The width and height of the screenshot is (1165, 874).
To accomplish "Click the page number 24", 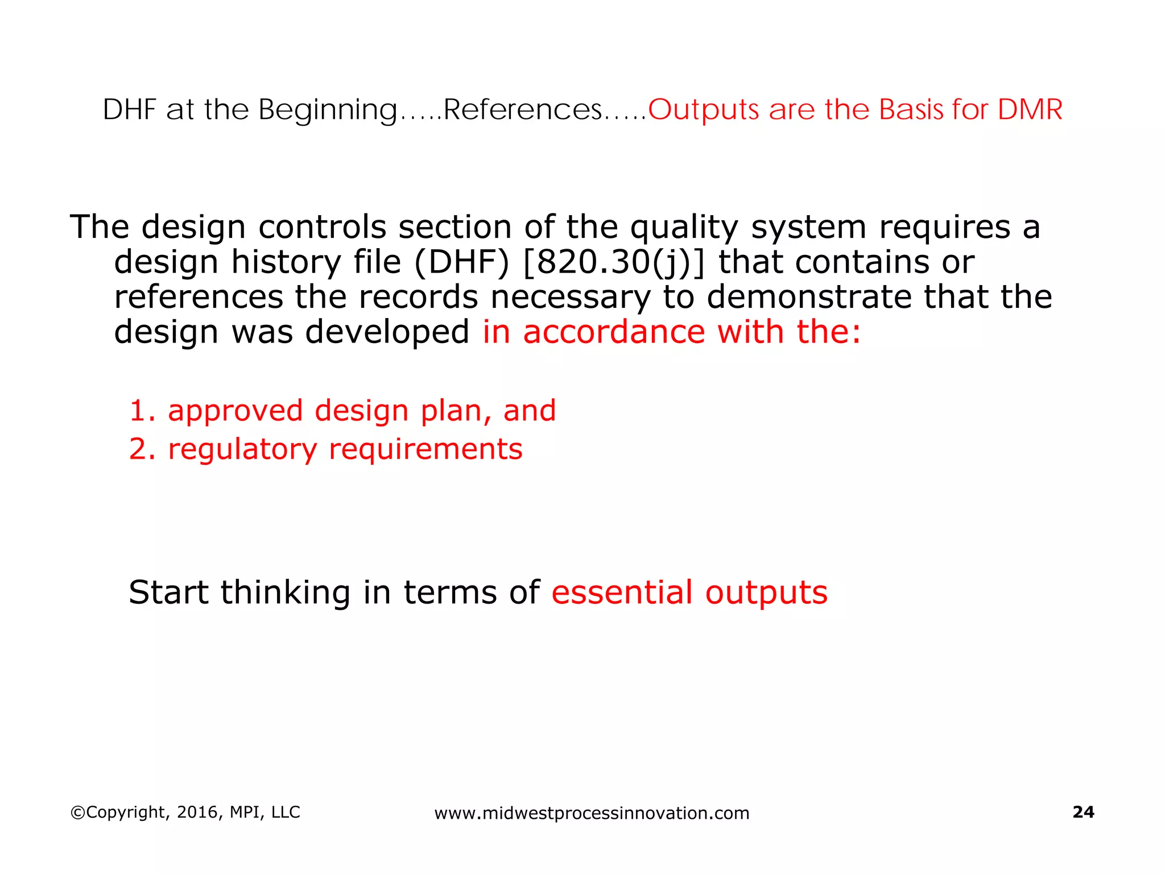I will pyautogui.click(x=1083, y=812).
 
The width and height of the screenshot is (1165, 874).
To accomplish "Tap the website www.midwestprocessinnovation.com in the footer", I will pyautogui.click(x=592, y=813).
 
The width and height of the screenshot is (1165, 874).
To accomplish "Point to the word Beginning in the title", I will pyautogui.click(x=328, y=110).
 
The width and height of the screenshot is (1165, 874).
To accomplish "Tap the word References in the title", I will pyautogui.click(x=522, y=109).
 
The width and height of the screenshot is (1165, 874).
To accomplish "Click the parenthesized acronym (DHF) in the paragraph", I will pyautogui.click(x=461, y=263).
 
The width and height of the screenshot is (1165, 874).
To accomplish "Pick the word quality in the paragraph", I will pyautogui.click(x=684, y=228).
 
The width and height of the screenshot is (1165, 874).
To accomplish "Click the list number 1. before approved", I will pyautogui.click(x=142, y=411).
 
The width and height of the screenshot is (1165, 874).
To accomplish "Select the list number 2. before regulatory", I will pyautogui.click(x=142, y=449).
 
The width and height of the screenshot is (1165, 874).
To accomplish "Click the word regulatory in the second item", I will pyautogui.click(x=242, y=450).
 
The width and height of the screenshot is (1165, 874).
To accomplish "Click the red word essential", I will pyautogui.click(x=622, y=592).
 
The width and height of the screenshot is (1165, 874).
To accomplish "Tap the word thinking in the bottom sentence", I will pyautogui.click(x=285, y=593).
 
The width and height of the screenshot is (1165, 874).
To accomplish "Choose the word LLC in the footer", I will pyautogui.click(x=286, y=812).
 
